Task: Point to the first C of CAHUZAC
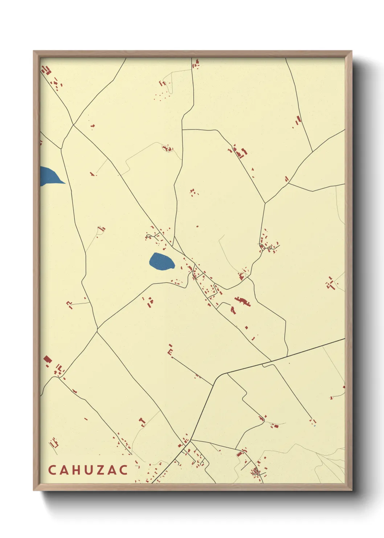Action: pyautogui.click(x=52, y=470)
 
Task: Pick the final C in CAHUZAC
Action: pyautogui.click(x=124, y=470)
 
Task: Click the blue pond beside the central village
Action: pyautogui.click(x=161, y=261)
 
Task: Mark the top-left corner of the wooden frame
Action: pyautogui.click(x=34, y=51)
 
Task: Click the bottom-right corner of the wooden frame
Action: pyautogui.click(x=351, y=490)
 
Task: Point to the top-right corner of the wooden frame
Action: pyautogui.click(x=351, y=51)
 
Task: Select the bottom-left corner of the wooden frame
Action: pyautogui.click(x=34, y=490)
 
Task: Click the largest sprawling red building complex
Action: pyautogui.click(x=242, y=301)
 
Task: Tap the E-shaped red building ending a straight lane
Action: pyautogui.click(x=170, y=350)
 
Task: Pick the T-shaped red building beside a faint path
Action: pyautogui.click(x=142, y=422)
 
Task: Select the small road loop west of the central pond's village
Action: pyautogui.click(x=148, y=237)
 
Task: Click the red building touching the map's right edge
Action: pyautogui.click(x=343, y=387)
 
